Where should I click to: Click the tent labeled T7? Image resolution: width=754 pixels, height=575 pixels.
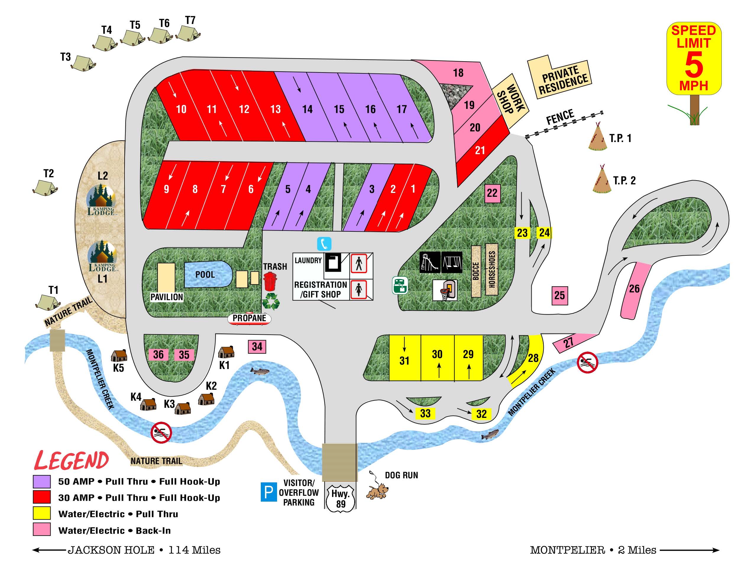click(x=188, y=33)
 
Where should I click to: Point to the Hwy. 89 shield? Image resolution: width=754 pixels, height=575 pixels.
click(x=340, y=499)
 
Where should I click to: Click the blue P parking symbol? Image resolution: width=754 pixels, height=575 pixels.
click(x=269, y=492)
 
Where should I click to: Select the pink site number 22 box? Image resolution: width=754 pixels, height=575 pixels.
click(x=492, y=193)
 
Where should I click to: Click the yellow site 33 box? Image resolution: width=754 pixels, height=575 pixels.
click(x=425, y=413)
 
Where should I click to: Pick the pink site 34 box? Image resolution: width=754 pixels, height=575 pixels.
click(x=257, y=346)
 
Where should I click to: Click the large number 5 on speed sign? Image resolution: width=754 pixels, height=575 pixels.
click(x=694, y=65)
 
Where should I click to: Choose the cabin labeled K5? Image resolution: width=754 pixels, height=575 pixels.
click(x=119, y=356)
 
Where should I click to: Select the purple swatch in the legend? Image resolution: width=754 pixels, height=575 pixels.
click(x=42, y=481)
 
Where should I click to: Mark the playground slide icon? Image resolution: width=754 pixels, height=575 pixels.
click(x=430, y=263)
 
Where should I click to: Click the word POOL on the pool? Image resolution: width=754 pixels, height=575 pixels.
click(x=205, y=275)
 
